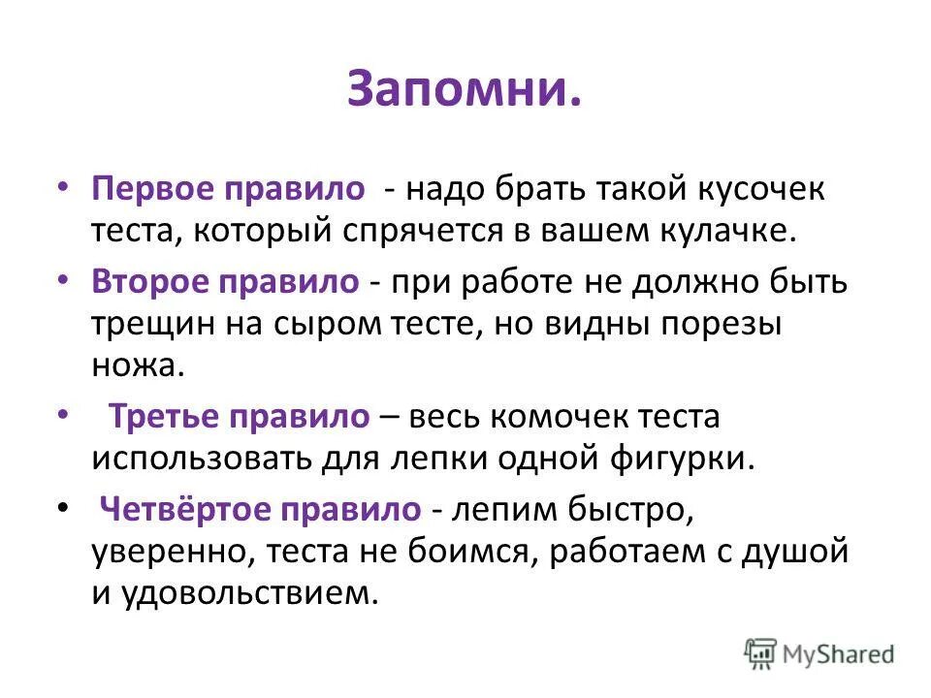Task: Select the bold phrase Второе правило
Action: pos(226,282)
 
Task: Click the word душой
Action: pos(793,552)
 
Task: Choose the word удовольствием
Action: pos(246,592)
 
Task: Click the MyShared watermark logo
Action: pos(819,653)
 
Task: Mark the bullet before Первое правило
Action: pos(63,186)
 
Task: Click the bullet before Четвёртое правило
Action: pos(63,506)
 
